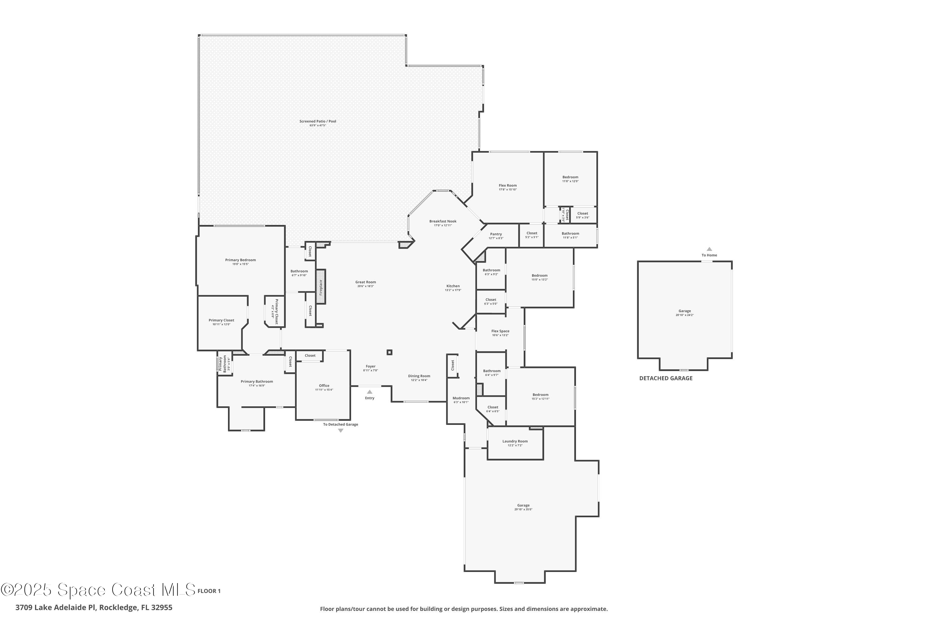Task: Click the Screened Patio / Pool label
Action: (318, 121)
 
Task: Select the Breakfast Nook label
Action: (443, 222)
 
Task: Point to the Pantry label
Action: (496, 234)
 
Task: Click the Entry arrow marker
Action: (370, 392)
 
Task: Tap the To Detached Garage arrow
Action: (341, 431)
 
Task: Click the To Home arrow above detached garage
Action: (709, 249)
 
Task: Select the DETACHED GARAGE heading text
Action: (666, 378)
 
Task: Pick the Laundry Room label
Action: (515, 442)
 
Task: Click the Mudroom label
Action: (461, 398)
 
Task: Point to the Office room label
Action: (324, 386)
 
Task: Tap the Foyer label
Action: (371, 366)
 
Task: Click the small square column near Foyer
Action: (389, 352)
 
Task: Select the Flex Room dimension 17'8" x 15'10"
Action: (508, 190)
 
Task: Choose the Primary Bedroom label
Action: (240, 260)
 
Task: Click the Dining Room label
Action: (419, 376)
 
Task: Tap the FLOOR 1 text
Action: (209, 591)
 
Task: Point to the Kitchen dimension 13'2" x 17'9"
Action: (453, 290)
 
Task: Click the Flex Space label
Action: (500, 331)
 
